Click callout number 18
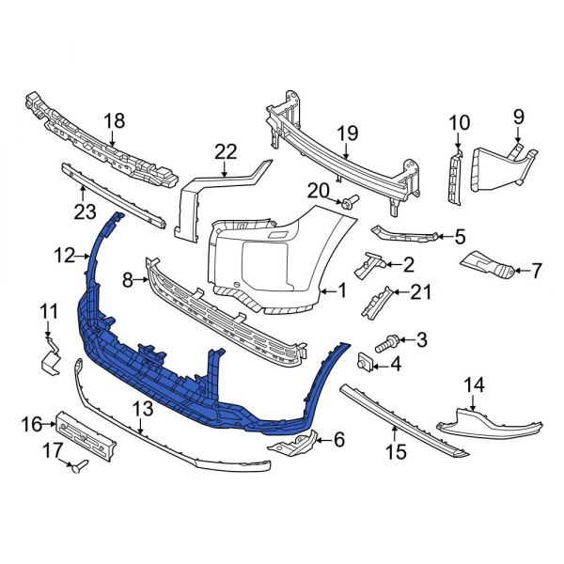[114, 120]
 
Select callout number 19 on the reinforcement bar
[348, 133]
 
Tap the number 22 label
[226, 151]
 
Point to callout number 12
[64, 254]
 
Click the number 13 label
[143, 409]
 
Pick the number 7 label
[536, 271]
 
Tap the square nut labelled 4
[364, 363]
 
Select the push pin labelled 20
[350, 201]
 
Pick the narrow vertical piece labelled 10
[455, 179]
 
